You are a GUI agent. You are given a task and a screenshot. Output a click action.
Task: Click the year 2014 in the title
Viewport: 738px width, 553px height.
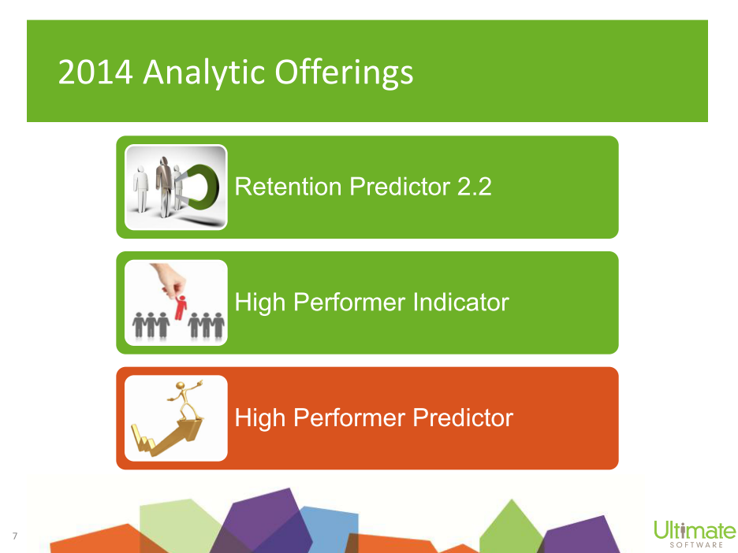(x=95, y=72)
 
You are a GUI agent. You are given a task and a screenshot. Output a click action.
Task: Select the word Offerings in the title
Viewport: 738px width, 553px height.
(x=344, y=73)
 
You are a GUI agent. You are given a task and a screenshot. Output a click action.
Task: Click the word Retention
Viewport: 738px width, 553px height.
(x=288, y=186)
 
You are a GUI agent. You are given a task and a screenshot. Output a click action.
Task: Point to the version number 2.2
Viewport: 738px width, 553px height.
(x=475, y=186)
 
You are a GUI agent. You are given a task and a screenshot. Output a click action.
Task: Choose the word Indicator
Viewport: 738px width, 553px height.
(x=460, y=302)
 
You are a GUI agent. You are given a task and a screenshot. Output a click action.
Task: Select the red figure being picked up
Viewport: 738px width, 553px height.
(x=181, y=307)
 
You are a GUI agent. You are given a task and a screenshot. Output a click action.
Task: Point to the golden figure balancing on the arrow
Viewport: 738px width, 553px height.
(x=185, y=400)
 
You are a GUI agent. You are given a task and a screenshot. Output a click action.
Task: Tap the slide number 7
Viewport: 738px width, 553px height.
(x=15, y=536)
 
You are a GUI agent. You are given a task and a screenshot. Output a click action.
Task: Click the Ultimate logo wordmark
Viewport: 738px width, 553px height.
(x=695, y=530)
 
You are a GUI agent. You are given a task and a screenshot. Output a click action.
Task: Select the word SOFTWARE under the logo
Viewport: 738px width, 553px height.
(x=696, y=545)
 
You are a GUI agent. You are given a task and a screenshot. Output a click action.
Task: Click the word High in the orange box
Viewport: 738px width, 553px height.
(x=260, y=418)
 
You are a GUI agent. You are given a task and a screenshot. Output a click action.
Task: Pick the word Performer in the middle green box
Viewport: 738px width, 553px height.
(x=348, y=302)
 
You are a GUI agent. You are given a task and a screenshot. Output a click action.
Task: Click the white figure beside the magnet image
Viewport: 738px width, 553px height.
(x=140, y=188)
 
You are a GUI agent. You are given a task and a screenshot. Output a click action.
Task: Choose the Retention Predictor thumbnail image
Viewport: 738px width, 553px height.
(x=176, y=187)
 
